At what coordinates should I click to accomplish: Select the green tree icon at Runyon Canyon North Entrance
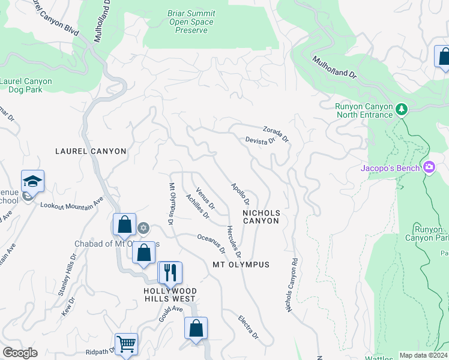coord(402,110)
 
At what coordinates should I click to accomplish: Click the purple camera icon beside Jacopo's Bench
coord(429,167)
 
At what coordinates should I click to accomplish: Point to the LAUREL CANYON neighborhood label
coord(91,152)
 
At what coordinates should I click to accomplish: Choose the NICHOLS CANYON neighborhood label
coord(261,217)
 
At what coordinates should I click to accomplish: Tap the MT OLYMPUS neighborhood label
coord(241,265)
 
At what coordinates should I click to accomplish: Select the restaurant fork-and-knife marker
coord(170,273)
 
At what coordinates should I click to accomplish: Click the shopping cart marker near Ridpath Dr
coord(127,344)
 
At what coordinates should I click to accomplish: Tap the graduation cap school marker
coord(32,181)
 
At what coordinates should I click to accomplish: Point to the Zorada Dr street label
coord(276,134)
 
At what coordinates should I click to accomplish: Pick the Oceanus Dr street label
coord(211,242)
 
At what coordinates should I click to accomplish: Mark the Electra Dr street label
coord(248,326)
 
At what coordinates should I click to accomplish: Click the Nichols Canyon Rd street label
coord(292,286)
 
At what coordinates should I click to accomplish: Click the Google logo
coord(20,353)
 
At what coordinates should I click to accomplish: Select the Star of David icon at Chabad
coord(143,227)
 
